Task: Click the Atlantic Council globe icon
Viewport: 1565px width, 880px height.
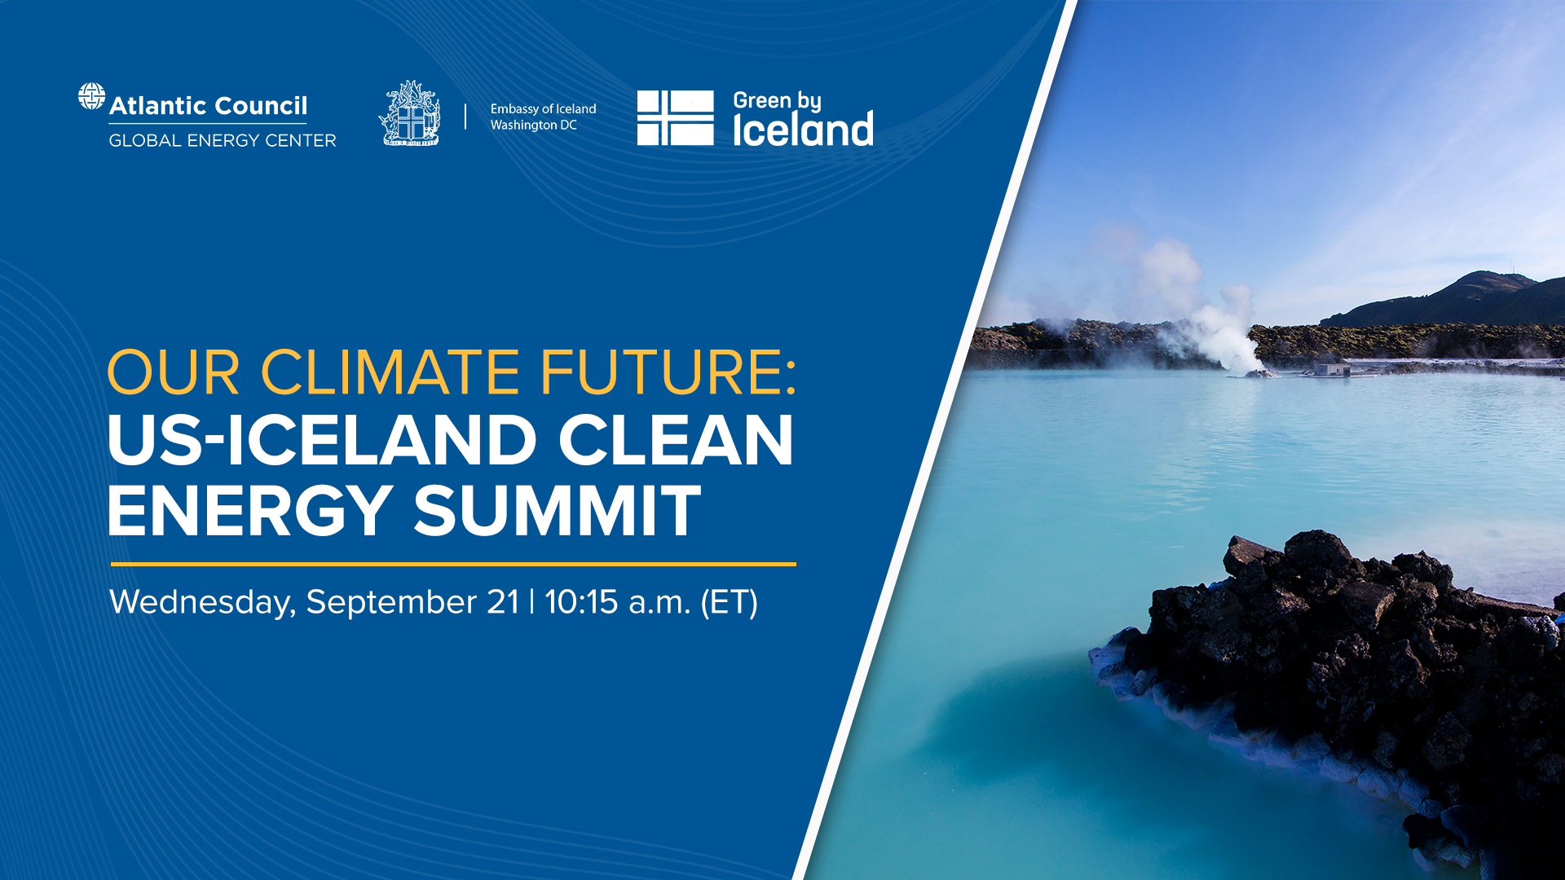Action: pos(91,96)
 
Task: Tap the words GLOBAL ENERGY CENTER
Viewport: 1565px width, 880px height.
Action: pos(223,141)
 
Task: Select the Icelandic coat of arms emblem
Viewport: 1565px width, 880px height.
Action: pos(410,113)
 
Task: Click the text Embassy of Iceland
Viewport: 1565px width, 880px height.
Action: pos(543,109)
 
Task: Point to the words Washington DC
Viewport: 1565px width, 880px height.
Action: pos(533,125)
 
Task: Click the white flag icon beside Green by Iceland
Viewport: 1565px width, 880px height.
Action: pos(675,118)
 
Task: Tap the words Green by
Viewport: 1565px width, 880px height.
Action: pos(777,100)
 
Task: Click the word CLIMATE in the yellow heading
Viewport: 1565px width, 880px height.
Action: pos(390,373)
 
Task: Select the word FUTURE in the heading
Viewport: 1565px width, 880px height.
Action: pos(661,373)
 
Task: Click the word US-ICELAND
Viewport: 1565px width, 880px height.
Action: pos(322,440)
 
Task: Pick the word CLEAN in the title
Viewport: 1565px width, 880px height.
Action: pos(676,440)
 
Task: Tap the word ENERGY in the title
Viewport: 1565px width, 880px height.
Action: pos(250,511)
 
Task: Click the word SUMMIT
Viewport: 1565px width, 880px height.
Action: pos(558,511)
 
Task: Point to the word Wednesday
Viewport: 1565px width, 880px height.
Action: pos(202,603)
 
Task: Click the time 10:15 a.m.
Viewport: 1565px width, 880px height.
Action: pos(617,602)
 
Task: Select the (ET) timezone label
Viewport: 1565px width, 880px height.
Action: pos(729,603)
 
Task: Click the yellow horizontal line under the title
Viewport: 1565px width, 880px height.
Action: pos(453,564)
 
